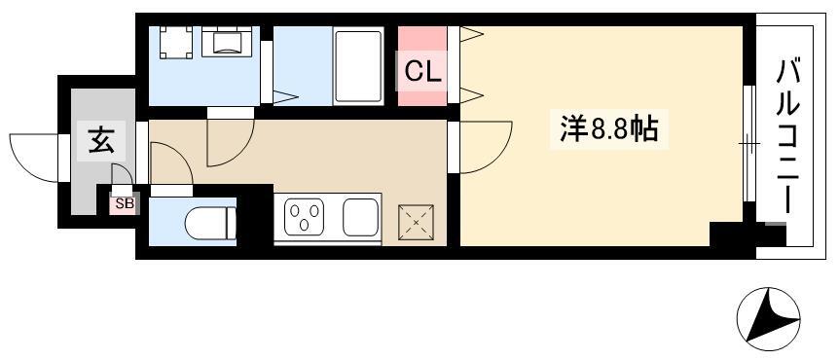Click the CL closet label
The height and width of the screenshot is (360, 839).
pyautogui.click(x=422, y=71)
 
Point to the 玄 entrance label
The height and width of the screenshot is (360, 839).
pyautogui.click(x=101, y=140)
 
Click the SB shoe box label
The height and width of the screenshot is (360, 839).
pyautogui.click(x=125, y=203)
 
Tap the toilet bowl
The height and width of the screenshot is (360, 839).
pyautogui.click(x=210, y=223)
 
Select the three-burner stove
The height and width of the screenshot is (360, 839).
pyautogui.click(x=304, y=217)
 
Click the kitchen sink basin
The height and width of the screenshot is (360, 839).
pyautogui.click(x=360, y=217)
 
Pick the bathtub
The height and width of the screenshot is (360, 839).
pyautogui.click(x=358, y=66)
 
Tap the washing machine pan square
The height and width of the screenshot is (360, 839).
pyautogui.click(x=175, y=42)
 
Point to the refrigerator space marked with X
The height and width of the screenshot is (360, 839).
pyautogui.click(x=416, y=222)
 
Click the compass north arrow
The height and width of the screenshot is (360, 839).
pyautogui.click(x=768, y=319)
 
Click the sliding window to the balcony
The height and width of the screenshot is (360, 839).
pyautogui.click(x=748, y=143)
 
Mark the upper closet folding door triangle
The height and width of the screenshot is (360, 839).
pyautogui.click(x=471, y=35)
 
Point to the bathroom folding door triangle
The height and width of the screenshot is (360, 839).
pyautogui.click(x=284, y=97)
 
